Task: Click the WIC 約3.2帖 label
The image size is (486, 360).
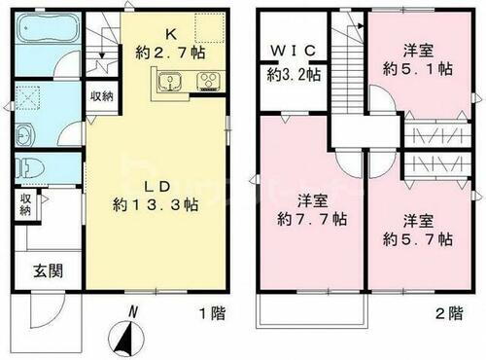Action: coord(291,61)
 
